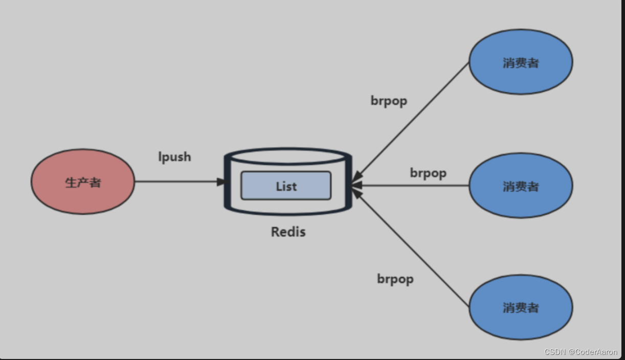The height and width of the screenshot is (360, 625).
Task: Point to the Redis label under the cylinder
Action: [288, 232]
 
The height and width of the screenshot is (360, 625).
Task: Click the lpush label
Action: [174, 156]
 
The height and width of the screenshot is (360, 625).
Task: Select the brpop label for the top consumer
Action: [389, 101]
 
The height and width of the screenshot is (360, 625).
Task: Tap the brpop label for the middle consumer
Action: [428, 173]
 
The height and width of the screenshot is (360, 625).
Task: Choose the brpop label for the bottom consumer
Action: [395, 279]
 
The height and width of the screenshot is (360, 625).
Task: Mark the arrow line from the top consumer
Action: [414, 118]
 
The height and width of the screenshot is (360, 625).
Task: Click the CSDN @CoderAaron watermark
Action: [581, 352]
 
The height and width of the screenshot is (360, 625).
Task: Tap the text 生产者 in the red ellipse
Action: [83, 183]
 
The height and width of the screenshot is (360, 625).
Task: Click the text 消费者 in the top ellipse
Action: [521, 62]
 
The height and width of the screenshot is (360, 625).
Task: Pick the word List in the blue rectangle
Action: [286, 186]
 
